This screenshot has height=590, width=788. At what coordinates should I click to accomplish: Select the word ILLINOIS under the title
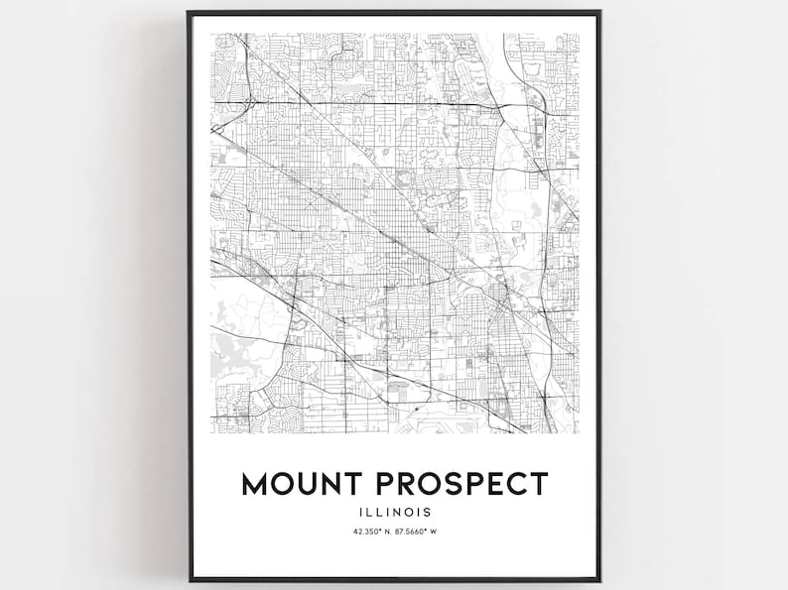coord(394,513)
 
